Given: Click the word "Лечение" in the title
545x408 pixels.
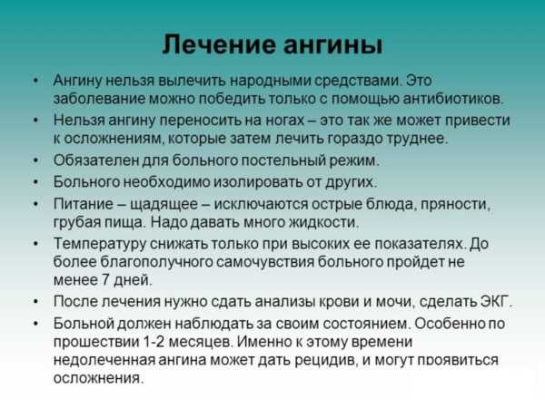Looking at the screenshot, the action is [219, 44].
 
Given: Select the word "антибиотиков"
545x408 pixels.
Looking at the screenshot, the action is [453, 99].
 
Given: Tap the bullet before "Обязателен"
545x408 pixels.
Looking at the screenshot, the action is [35, 161].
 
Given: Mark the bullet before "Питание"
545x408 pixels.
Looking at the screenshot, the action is [35, 204].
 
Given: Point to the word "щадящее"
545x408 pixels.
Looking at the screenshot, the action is [163, 204].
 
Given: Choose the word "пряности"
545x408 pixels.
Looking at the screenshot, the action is [456, 204].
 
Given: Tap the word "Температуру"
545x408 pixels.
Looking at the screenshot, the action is [100, 244].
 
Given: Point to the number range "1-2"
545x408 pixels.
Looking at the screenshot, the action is [153, 342].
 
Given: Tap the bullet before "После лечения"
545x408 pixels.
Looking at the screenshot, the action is [35, 302].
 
